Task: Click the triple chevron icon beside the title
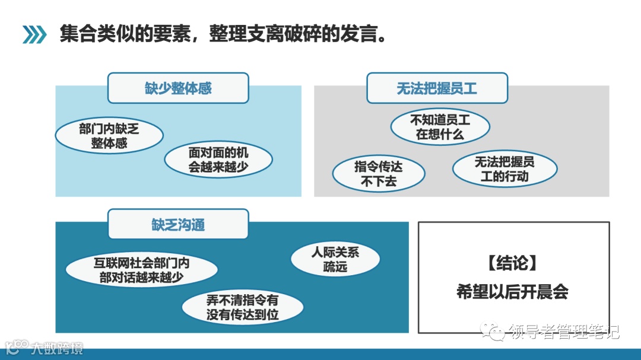coord(34,35)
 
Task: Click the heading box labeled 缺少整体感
coord(178,88)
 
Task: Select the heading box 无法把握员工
coord(437,88)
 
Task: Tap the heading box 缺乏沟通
coord(178,225)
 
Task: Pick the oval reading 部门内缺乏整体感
coord(109,136)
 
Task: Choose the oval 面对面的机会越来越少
coord(218,160)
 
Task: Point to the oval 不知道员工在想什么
coord(440,127)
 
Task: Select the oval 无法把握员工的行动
coord(504,169)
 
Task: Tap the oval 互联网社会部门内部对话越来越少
coord(141,270)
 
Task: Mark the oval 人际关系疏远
coord(335,259)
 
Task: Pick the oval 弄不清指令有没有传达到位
coord(242,307)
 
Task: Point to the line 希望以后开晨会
coord(512,292)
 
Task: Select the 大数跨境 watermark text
coord(58,348)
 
